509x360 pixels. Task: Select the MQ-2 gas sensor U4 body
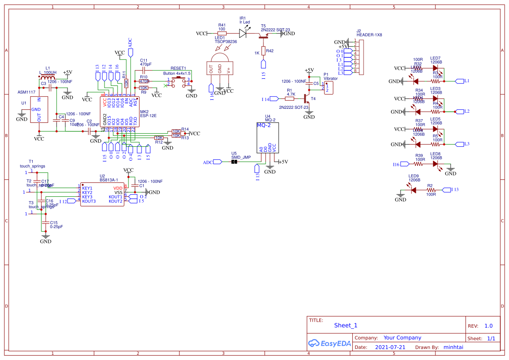click(268, 137)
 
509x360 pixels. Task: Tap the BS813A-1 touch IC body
click(102, 194)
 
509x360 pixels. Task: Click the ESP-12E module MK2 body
click(120, 111)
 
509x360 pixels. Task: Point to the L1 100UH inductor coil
click(47, 78)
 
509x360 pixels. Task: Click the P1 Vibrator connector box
click(329, 87)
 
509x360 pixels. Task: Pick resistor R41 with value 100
click(222, 33)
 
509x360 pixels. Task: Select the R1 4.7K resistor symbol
click(290, 99)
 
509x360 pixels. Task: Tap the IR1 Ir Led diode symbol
click(244, 33)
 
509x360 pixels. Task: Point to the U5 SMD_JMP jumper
click(234, 162)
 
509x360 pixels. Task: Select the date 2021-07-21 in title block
click(390, 347)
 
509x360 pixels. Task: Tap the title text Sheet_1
click(345, 325)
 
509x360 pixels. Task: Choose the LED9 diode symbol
click(412, 190)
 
